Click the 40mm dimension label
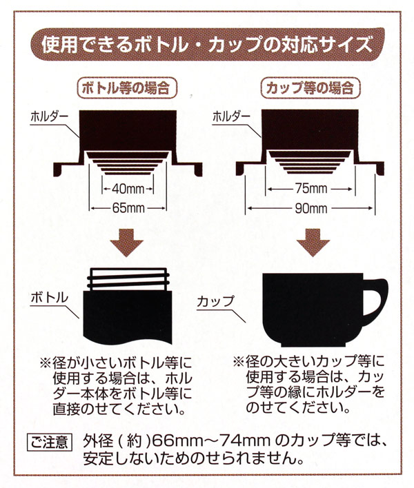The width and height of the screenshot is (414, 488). pyautogui.click(x=128, y=189)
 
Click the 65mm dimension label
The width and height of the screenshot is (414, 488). pyautogui.click(x=128, y=208)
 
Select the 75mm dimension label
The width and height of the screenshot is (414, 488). pyautogui.click(x=311, y=188)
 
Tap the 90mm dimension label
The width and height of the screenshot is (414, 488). pyautogui.click(x=311, y=208)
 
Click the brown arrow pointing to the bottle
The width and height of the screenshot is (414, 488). pyautogui.click(x=126, y=243)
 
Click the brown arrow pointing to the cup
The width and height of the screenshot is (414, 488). pyautogui.click(x=313, y=243)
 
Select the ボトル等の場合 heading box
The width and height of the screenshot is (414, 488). pyautogui.click(x=127, y=88)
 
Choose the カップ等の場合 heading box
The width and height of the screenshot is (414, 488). pyautogui.click(x=310, y=88)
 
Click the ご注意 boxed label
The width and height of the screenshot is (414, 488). pyautogui.click(x=50, y=442)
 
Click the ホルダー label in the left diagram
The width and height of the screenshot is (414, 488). pyautogui.click(x=49, y=117)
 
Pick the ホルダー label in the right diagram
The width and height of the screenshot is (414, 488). pyautogui.click(x=231, y=116)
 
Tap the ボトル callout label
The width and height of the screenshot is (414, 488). pyautogui.click(x=49, y=298)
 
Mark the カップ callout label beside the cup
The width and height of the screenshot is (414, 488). pyautogui.click(x=215, y=302)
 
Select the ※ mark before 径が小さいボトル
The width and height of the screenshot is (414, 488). pyautogui.click(x=46, y=363)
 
